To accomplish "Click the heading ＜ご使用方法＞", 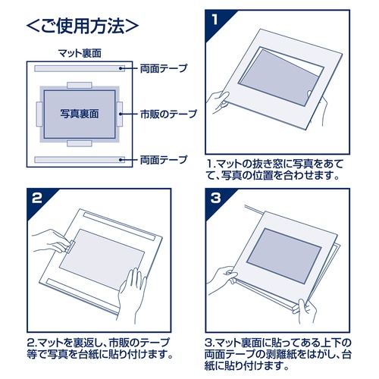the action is [83, 26].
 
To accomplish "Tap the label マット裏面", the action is [80, 53].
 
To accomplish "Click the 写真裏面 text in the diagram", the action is [80, 114].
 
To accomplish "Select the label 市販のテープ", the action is [168, 114].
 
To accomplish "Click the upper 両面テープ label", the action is [164, 68].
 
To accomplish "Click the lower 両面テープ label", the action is [164, 160].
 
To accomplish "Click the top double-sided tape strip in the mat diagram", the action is [80, 68].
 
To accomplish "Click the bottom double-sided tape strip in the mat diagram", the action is [80, 160].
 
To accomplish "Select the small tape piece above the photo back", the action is [80, 85].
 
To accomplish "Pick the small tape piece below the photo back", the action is [80, 143].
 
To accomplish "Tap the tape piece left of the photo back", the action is [39, 114].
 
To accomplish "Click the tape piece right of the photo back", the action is [120, 114].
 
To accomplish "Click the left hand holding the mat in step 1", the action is [218, 102].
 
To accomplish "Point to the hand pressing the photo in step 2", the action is [132, 294].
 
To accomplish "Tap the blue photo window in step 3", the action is [283, 255].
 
